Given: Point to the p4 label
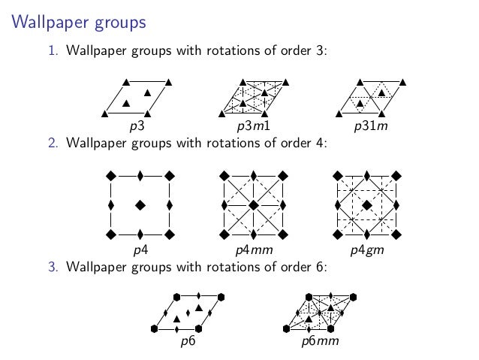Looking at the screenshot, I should click(140, 250).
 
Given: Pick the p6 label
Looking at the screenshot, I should click(188, 342).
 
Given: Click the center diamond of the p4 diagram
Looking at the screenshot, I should click(140, 204).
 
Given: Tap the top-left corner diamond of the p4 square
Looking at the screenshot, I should click(111, 175).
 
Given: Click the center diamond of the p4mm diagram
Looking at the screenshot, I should click(254, 204).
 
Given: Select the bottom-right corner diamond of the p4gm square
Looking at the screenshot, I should click(396, 234).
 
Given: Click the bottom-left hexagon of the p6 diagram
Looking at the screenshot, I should click(154, 328).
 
